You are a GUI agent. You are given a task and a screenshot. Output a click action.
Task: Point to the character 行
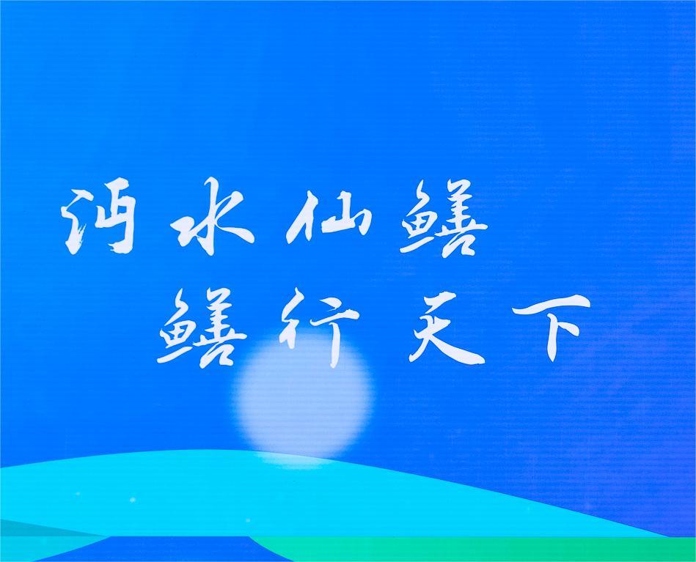tap(318, 328)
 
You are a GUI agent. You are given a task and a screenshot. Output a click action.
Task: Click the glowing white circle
tap(304, 396)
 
